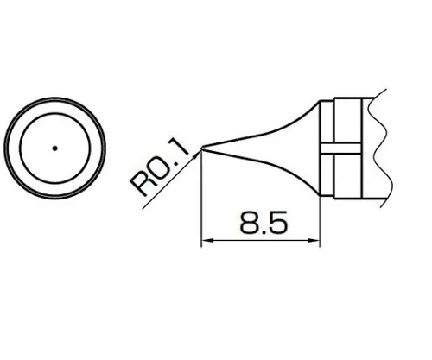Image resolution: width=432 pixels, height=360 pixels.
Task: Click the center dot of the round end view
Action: point(54,148)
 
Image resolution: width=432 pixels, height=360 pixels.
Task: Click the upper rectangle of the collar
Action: point(341,120)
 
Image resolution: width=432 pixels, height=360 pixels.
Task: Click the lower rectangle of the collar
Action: point(341,177)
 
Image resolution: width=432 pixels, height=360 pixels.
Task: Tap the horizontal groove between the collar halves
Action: point(341,148)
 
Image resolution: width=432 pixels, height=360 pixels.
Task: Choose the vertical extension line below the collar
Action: point(320,220)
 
